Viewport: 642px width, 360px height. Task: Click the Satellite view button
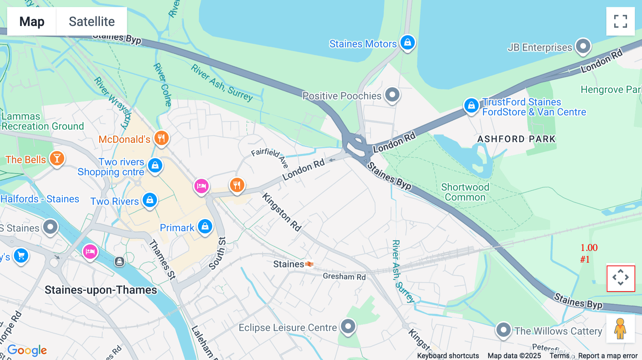tap(92, 21)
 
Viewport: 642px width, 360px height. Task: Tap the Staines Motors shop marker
tap(407, 43)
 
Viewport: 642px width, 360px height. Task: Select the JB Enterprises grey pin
tap(583, 46)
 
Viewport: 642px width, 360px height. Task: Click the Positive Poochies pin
tap(392, 95)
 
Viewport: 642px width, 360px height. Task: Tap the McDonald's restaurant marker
tap(161, 138)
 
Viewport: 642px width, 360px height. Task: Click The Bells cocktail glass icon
tap(57, 159)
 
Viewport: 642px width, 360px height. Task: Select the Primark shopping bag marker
tap(205, 227)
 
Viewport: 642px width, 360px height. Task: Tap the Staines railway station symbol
tap(309, 264)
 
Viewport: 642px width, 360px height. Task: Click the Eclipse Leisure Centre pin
tap(348, 326)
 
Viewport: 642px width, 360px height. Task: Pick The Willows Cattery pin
tap(503, 330)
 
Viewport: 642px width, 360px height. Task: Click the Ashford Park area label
tap(516, 139)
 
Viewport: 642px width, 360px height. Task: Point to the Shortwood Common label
tap(465, 192)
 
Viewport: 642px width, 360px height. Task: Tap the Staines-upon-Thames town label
tap(101, 290)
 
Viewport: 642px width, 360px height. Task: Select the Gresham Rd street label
tap(344, 276)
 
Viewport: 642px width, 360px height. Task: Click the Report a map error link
tap(608, 356)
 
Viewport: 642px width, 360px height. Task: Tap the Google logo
tap(27, 350)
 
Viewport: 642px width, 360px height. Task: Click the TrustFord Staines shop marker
tap(471, 106)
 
